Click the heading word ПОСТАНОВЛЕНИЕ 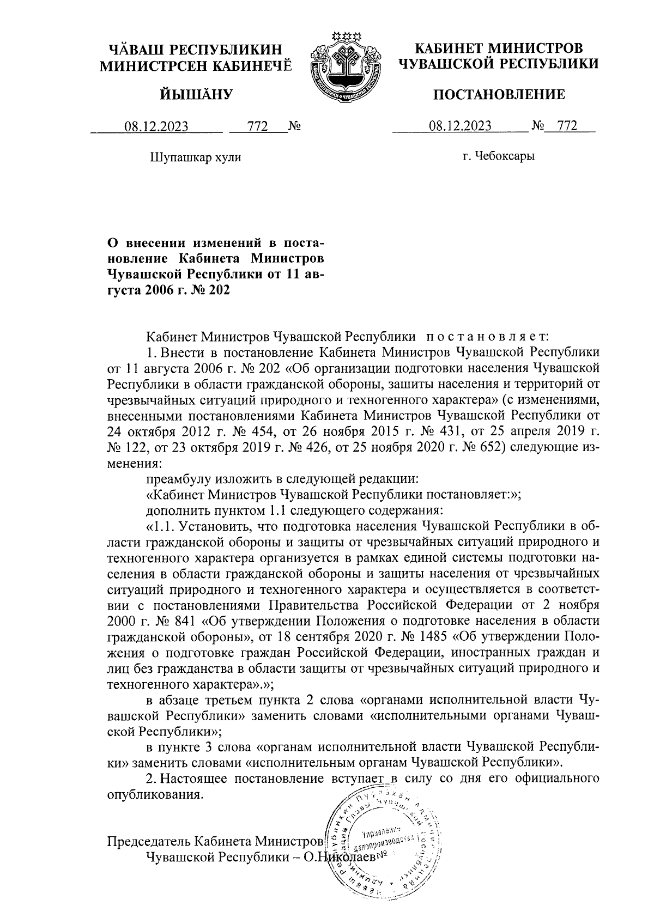pos(498,95)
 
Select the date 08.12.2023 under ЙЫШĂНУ pos(156,127)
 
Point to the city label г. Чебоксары pos(498,157)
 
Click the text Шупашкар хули pos(195,158)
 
